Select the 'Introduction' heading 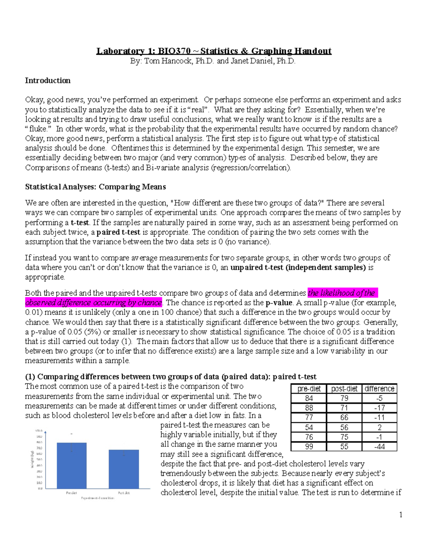click(x=47, y=81)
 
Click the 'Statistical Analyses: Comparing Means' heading click(x=95, y=187)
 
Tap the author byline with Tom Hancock click(x=213, y=61)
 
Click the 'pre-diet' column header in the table click(x=309, y=389)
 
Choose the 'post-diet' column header click(x=344, y=389)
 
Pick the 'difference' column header click(x=379, y=389)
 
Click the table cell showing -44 click(x=379, y=447)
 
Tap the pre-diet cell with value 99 click(x=309, y=447)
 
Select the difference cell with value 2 click(x=379, y=427)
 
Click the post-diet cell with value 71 click(x=344, y=408)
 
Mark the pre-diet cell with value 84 click(x=309, y=398)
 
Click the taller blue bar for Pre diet click(x=72, y=467)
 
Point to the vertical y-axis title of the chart click(x=32, y=459)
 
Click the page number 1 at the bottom click(x=401, y=514)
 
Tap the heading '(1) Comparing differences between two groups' click(x=170, y=377)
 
